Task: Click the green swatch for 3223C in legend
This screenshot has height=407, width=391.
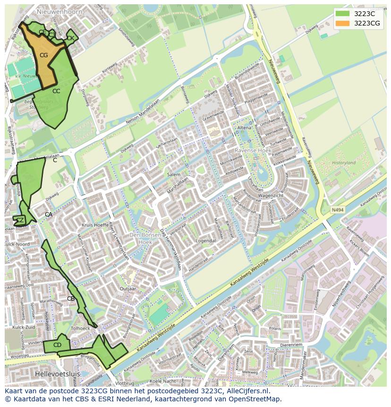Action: [x=343, y=13]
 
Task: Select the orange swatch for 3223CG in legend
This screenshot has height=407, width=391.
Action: [x=343, y=23]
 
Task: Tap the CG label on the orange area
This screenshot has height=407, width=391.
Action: [x=43, y=55]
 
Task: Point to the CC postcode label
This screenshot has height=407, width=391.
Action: [x=56, y=91]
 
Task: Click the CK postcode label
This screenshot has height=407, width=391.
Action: [x=70, y=38]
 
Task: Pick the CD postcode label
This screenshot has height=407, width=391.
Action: [x=57, y=345]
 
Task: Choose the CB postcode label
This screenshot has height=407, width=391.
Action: [x=71, y=298]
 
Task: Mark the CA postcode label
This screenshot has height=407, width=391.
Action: [x=49, y=215]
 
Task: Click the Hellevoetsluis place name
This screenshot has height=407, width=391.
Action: [x=57, y=373]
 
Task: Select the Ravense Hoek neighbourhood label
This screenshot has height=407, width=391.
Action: [x=253, y=150]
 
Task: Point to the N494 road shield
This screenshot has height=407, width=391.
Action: [x=337, y=209]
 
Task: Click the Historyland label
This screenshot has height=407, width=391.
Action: [x=343, y=163]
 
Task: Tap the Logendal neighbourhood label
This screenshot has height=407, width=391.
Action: [x=206, y=241]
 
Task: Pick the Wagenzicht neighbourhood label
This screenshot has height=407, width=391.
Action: [x=271, y=195]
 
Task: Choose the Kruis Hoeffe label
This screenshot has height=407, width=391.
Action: [x=95, y=225]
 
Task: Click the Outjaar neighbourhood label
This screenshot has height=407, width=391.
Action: [x=128, y=288]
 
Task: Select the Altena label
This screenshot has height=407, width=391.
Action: [x=244, y=128]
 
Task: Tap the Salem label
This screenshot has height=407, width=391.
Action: [x=173, y=174]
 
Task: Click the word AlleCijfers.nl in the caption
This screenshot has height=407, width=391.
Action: [x=246, y=391]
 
